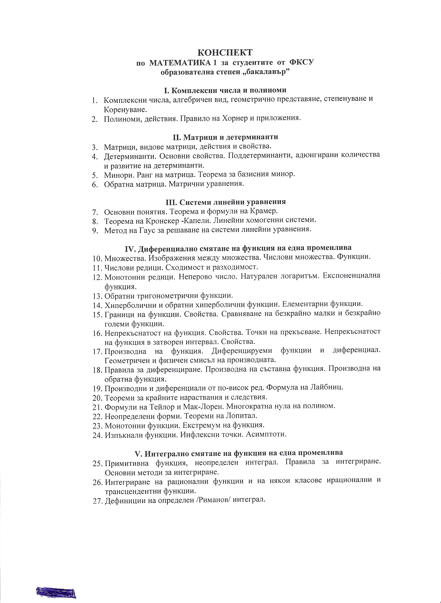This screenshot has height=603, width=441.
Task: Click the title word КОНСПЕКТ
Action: coord(225,52)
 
